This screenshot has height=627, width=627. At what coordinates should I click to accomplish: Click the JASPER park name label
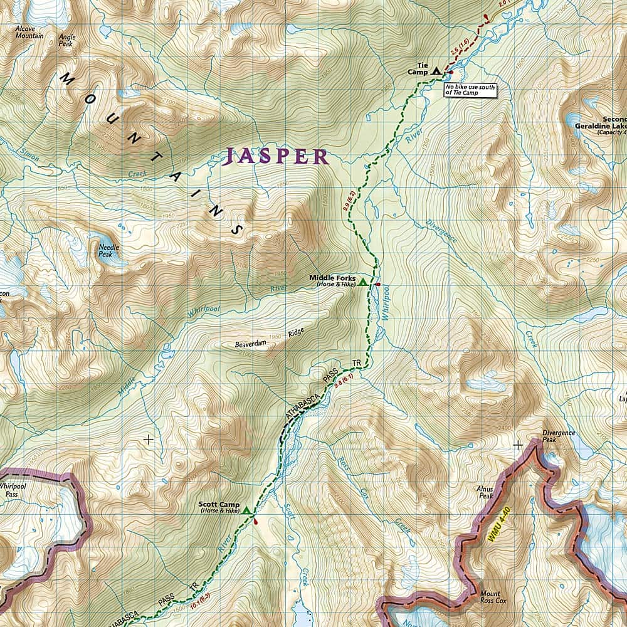click(x=277, y=156)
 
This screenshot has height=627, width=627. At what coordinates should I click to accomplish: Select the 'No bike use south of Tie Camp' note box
click(x=470, y=89)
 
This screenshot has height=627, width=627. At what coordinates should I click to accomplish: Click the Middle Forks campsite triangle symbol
click(x=362, y=282)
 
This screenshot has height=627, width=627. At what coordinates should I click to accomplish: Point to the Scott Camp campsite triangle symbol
click(x=247, y=511)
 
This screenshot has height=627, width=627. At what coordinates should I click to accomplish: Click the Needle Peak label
click(x=108, y=250)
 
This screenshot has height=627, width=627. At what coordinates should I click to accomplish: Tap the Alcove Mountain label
click(x=30, y=33)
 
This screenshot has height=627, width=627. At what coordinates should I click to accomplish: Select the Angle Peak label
click(x=67, y=40)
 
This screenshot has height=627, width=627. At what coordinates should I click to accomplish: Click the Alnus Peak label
click(x=487, y=495)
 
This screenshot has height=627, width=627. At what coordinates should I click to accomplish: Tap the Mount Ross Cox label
click(x=490, y=598)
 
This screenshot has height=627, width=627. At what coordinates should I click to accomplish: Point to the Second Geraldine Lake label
click(x=602, y=123)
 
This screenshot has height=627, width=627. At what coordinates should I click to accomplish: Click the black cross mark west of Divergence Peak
click(x=518, y=445)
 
